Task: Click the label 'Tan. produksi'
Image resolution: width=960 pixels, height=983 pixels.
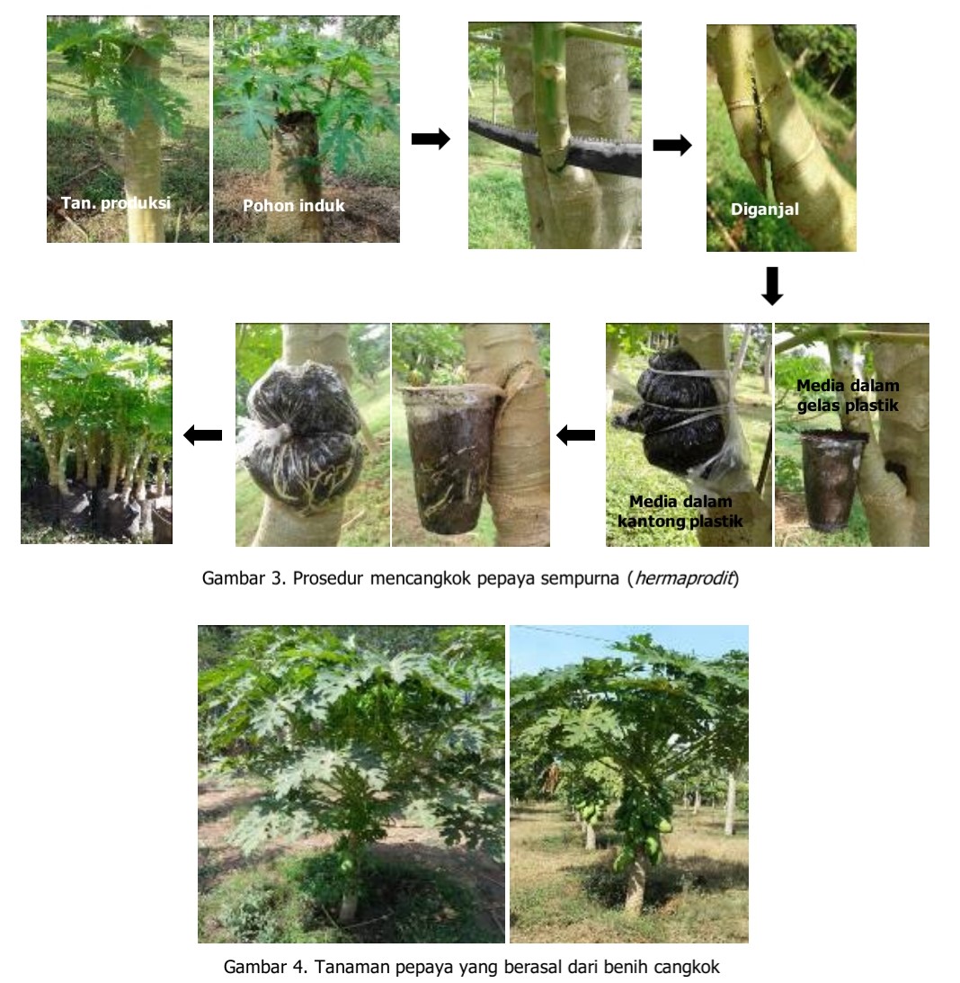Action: (115, 203)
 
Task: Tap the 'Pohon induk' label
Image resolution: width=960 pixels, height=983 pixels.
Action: (294, 206)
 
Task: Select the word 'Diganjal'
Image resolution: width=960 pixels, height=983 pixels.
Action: (764, 210)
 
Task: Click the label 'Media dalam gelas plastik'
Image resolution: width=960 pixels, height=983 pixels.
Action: (848, 396)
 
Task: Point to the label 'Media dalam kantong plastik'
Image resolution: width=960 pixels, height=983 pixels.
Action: (680, 511)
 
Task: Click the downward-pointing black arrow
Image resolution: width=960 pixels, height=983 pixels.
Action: (772, 286)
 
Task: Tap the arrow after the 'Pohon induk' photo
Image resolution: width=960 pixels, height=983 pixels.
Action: (431, 139)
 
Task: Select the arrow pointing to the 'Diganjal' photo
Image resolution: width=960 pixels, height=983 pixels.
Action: (672, 146)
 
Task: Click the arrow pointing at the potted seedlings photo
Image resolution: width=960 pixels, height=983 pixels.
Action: (202, 434)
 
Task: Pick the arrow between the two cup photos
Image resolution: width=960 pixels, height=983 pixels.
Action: (575, 434)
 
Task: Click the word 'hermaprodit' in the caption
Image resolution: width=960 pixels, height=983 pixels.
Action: (684, 578)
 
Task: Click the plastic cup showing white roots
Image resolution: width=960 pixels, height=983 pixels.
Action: (450, 459)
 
